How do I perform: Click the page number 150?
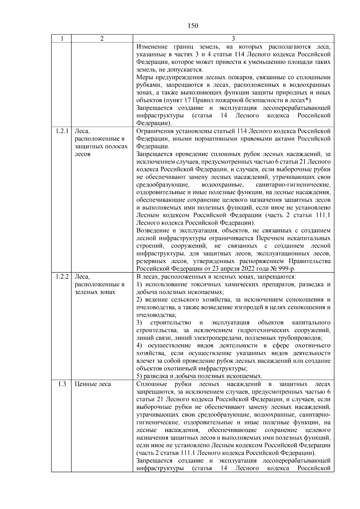pyautogui.click(x=193, y=26)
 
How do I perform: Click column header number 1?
pyautogui.click(x=61, y=39)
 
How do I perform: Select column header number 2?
pyautogui.click(x=102, y=39)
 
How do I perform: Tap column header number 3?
pyautogui.click(x=233, y=39)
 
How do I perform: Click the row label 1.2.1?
pyautogui.click(x=62, y=131)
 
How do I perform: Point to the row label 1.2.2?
pyautogui.click(x=62, y=277)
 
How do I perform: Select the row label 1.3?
pyautogui.click(x=62, y=384)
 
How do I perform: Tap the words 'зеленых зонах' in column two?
pyautogui.click(x=94, y=292)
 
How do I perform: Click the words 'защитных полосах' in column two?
pyautogui.click(x=101, y=147)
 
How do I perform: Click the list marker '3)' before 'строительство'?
pyautogui.click(x=139, y=323)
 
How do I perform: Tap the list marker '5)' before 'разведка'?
pyautogui.click(x=139, y=376)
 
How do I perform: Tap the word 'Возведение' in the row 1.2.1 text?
pyautogui.click(x=152, y=231)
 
